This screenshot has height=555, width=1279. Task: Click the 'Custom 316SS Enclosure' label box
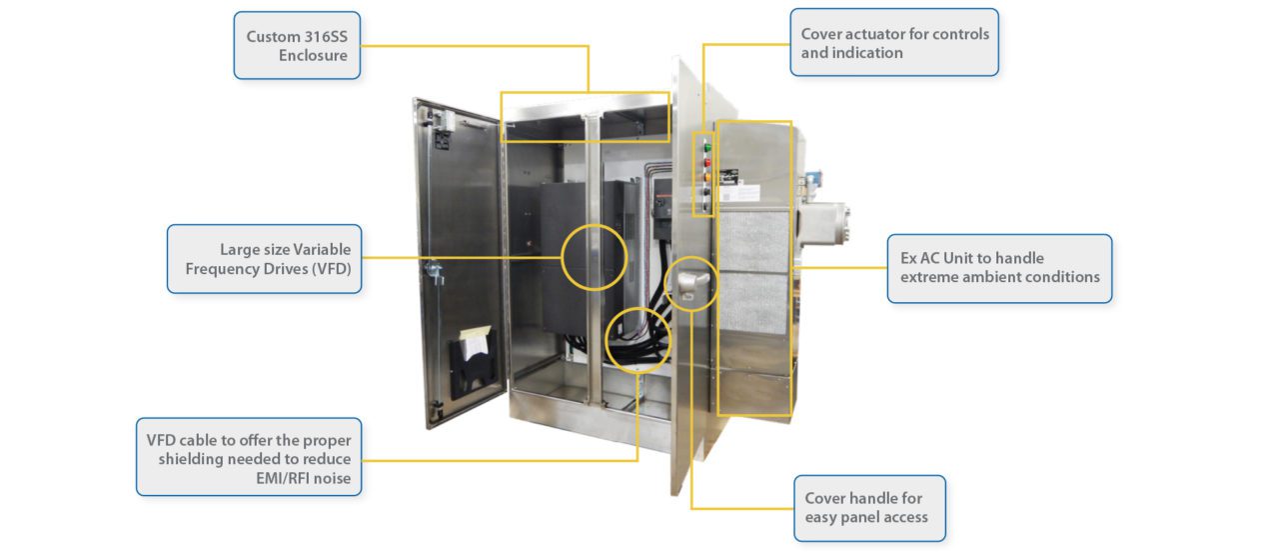coord(297,46)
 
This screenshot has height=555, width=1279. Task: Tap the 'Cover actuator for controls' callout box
coord(894,43)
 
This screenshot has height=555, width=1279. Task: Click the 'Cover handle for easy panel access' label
coord(869,508)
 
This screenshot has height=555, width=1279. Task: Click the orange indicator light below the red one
coord(708,179)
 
